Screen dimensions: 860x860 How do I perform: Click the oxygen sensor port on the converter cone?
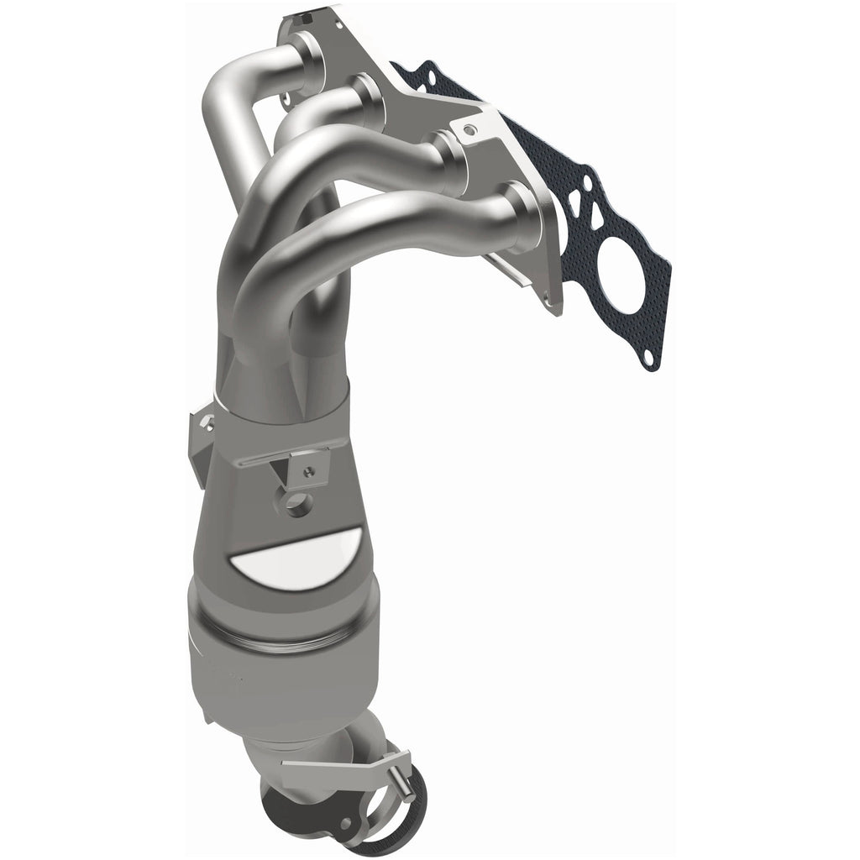(296, 505)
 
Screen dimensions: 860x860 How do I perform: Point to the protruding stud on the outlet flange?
(404, 785)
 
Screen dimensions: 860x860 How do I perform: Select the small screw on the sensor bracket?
(311, 472)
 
